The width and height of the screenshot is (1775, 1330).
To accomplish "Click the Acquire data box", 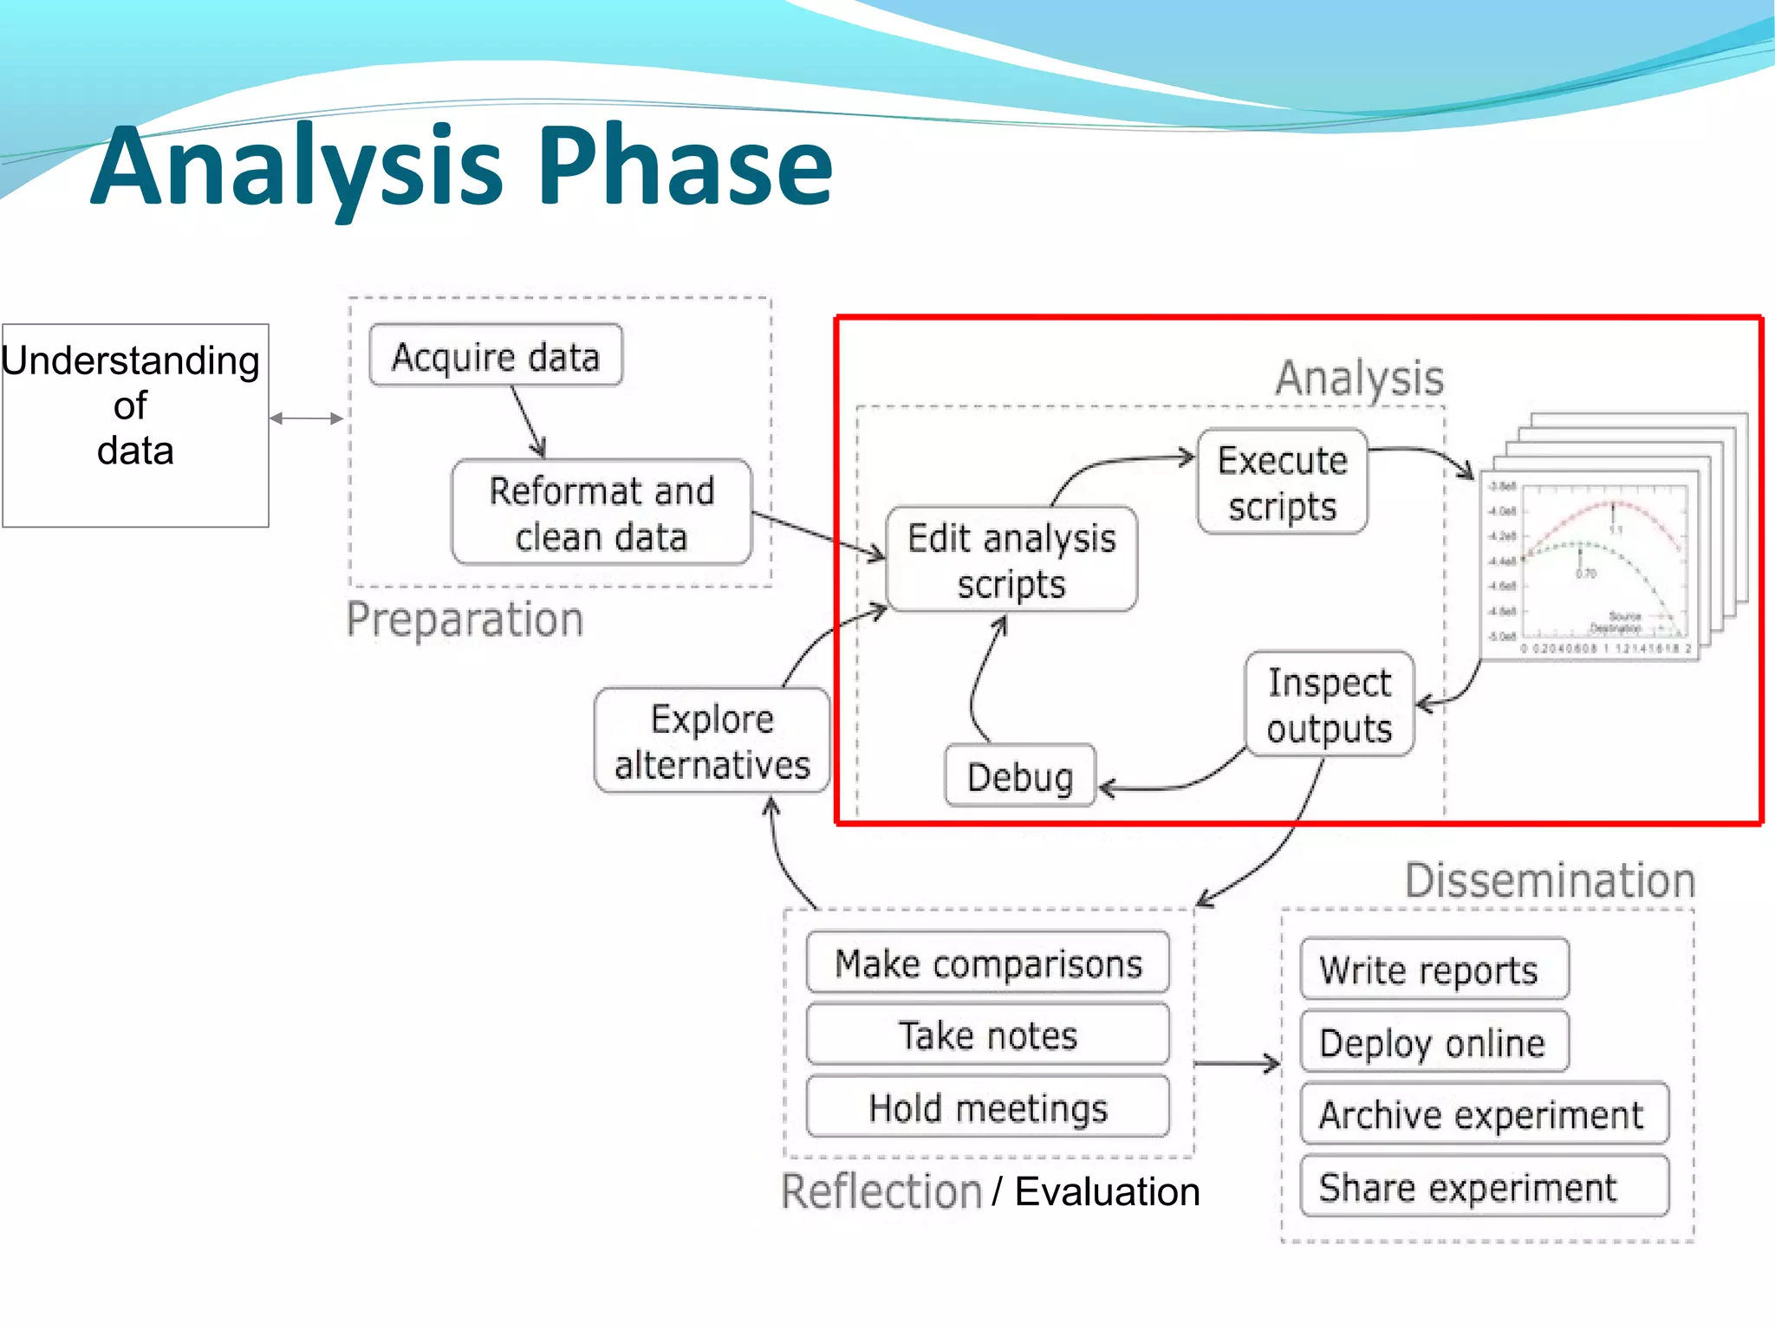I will (x=495, y=356).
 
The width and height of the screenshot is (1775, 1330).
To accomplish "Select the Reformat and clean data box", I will (x=601, y=513).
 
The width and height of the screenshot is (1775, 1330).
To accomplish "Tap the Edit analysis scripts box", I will (x=1011, y=560).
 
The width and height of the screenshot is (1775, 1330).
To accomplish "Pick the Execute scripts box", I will (x=1282, y=483).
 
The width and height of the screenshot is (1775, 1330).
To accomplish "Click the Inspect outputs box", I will (x=1329, y=705).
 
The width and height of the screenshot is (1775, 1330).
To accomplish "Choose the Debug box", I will (x=1020, y=776).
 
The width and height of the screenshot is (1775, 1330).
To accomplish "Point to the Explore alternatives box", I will (x=712, y=742).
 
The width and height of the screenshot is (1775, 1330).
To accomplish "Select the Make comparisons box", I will (x=988, y=963).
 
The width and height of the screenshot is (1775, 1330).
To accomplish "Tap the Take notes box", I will (x=988, y=1035).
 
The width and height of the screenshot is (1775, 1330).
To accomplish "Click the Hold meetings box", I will (x=988, y=1107).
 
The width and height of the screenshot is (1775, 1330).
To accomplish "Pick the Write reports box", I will (x=1434, y=970).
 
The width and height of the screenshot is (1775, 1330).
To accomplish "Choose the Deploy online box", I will (x=1434, y=1042).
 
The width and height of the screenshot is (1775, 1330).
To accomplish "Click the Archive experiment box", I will (x=1483, y=1114).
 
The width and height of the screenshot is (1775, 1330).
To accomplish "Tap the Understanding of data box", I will (x=135, y=425).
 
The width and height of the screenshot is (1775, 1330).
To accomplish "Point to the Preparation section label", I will (x=465, y=620).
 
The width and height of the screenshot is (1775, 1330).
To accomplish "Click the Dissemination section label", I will (x=1550, y=880).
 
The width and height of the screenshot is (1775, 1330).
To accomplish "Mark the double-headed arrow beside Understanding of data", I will (x=307, y=418).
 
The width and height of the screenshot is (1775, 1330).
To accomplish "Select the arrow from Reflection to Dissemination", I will (x=1237, y=1063).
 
